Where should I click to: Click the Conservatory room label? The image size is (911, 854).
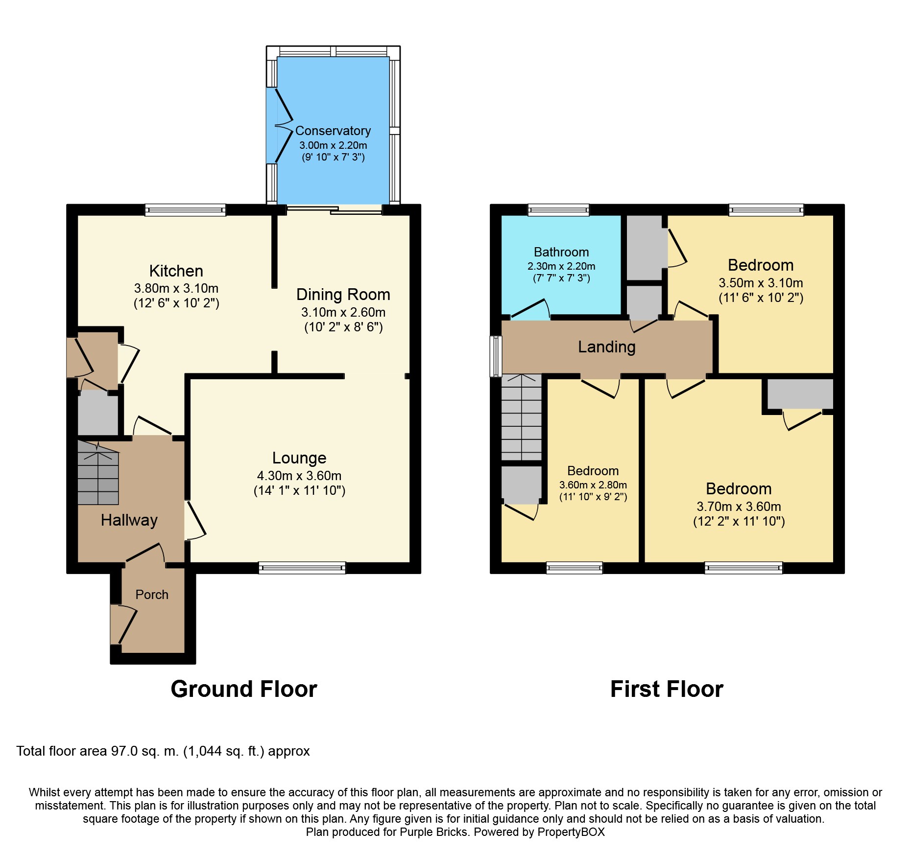tap(333, 131)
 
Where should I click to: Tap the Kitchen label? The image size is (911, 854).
tap(176, 271)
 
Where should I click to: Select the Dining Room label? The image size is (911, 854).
tap(343, 295)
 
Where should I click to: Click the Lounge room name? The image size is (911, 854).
tap(299, 458)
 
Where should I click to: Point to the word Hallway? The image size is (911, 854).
tap(129, 520)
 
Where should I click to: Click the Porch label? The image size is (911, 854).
tap(152, 595)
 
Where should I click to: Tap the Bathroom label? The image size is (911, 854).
tap(561, 252)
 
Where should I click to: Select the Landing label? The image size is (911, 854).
tap(607, 347)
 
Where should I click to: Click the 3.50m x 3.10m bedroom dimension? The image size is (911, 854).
tap(761, 283)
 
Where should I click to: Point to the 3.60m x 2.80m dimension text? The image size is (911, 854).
tap(593, 485)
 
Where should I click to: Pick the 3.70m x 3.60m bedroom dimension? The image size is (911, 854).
tap(739, 507)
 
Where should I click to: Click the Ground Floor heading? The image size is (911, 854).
tap(244, 689)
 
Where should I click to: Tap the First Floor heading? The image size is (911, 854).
tap(667, 689)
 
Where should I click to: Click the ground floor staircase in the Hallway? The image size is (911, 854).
tap(98, 473)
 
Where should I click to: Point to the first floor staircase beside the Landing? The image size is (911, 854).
tap(522, 417)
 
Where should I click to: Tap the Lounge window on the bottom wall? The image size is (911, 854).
tap(302, 568)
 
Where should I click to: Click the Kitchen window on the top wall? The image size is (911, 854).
tap(185, 210)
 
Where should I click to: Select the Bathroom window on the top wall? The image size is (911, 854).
tap(558, 210)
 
